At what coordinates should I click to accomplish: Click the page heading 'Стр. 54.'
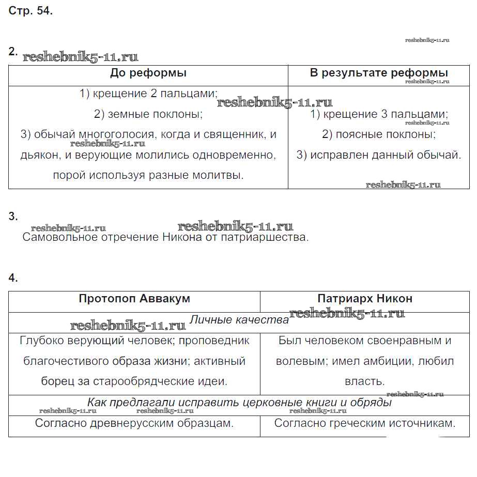[30, 11]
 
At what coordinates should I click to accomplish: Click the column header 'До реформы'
[148, 73]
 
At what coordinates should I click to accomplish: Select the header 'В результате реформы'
[379, 73]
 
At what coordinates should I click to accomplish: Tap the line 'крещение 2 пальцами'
[148, 94]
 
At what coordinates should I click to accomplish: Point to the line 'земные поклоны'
[148, 114]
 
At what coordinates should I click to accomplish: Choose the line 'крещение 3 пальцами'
[379, 114]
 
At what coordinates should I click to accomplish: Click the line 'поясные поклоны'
[379, 134]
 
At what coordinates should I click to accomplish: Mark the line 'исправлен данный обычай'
[379, 155]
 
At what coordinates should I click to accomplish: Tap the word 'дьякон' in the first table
[39, 155]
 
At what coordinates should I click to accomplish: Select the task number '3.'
[13, 217]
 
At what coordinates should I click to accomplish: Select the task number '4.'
[13, 278]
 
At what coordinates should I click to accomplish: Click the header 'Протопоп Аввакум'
[134, 299]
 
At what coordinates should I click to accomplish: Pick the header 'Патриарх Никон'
[365, 299]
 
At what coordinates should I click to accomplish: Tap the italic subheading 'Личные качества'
[239, 320]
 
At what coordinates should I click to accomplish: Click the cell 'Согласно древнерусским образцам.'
[134, 423]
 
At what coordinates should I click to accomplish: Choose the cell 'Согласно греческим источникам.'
[365, 423]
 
